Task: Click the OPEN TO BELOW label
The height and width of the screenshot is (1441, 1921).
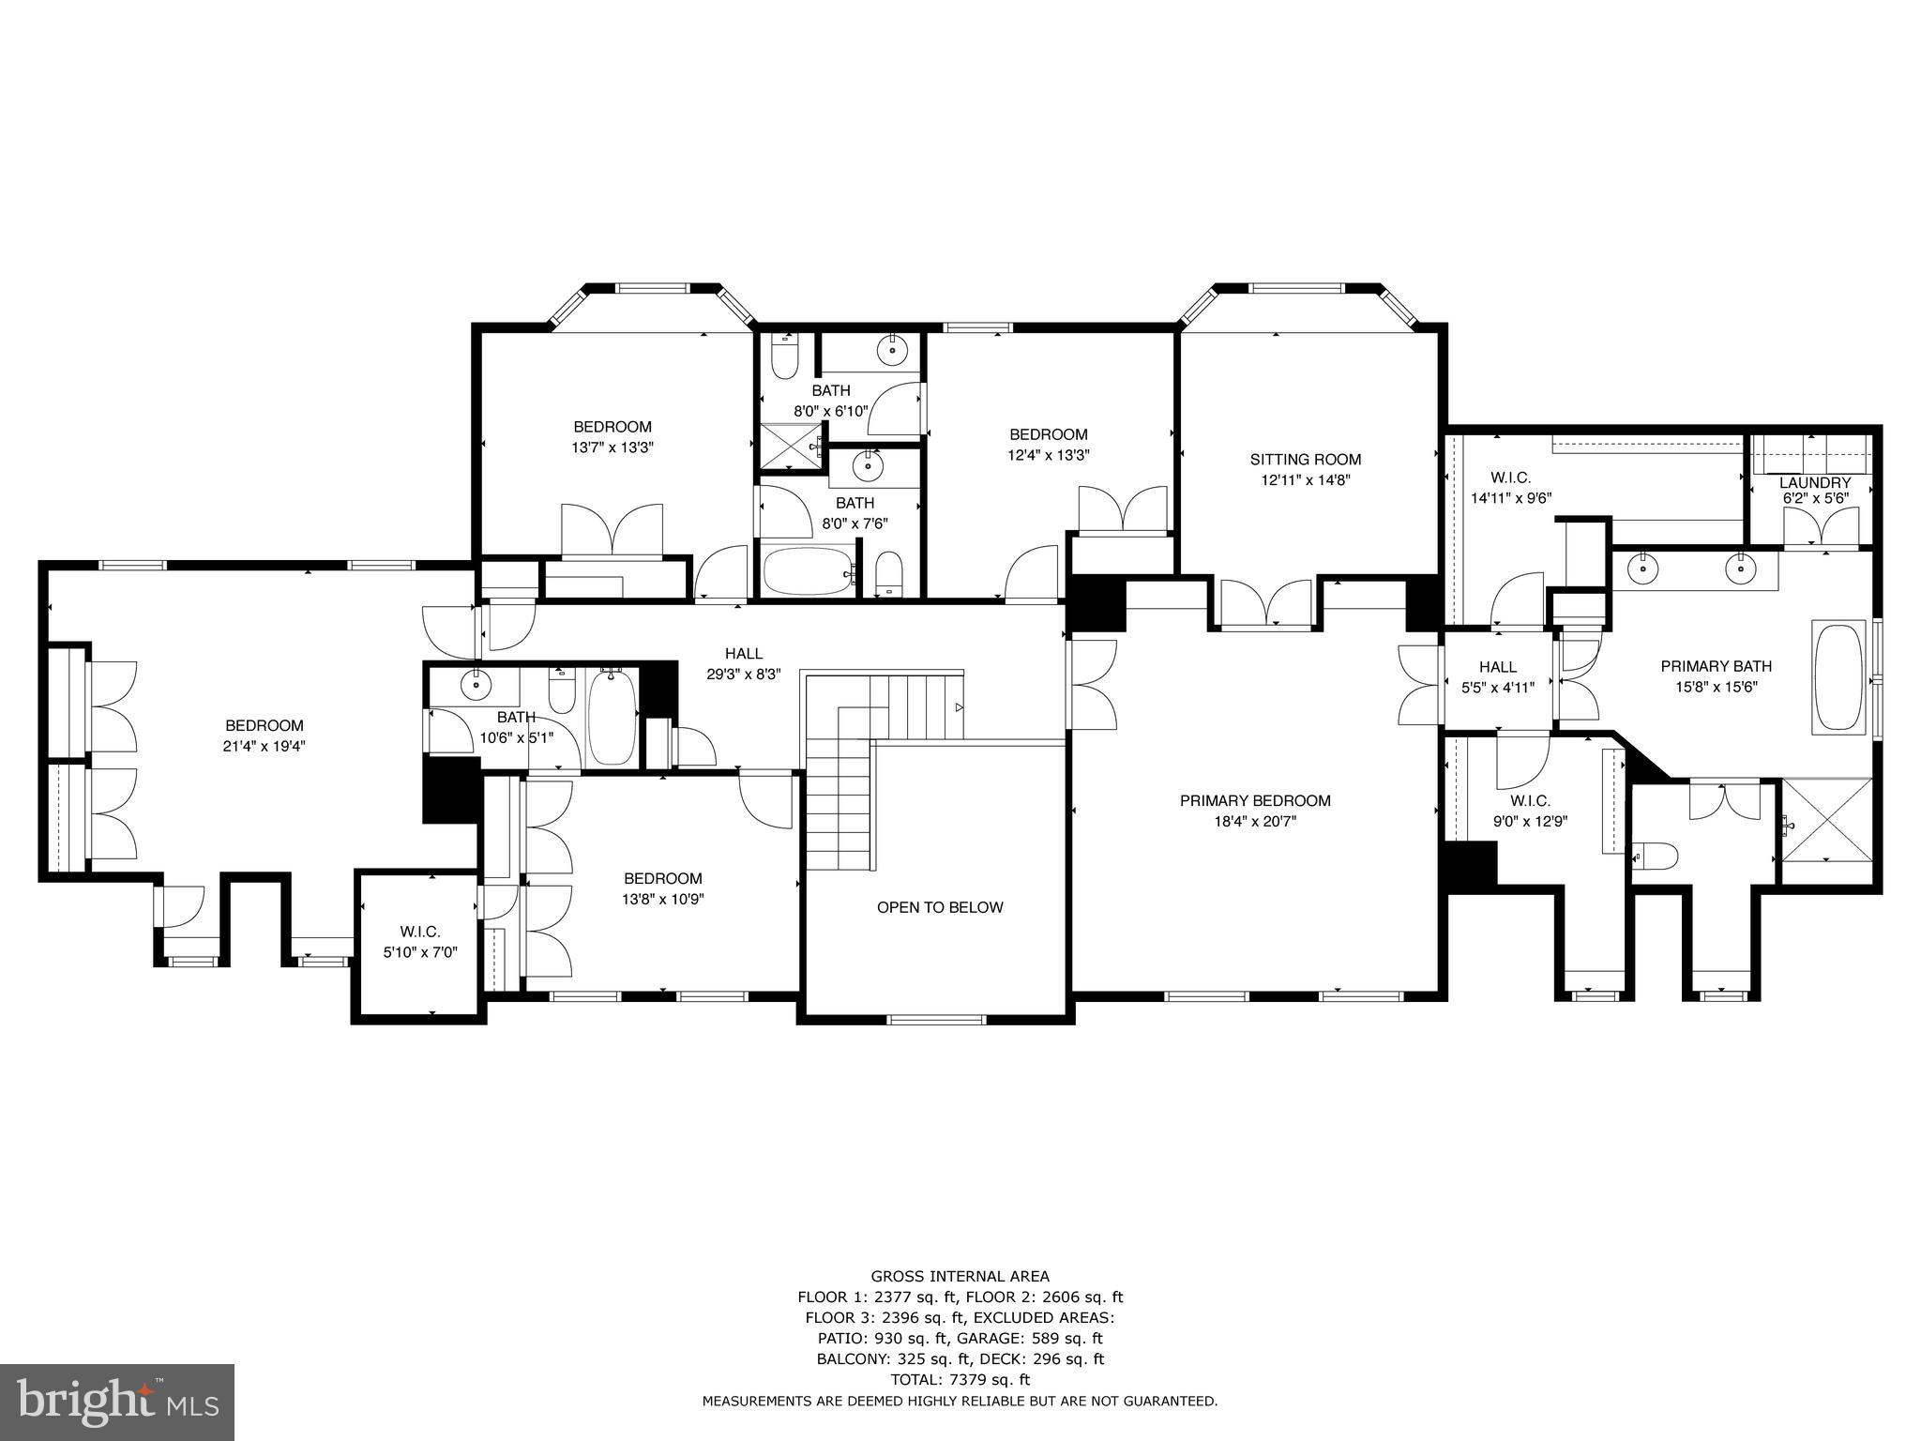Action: click(940, 907)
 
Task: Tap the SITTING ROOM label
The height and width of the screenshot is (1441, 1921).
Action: click(1305, 459)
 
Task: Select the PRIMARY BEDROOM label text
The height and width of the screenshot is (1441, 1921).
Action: click(1255, 800)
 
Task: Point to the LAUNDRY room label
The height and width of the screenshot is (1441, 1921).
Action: click(1815, 482)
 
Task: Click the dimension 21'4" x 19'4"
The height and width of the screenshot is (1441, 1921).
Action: click(265, 746)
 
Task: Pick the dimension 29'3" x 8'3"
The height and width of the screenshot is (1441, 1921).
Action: click(743, 674)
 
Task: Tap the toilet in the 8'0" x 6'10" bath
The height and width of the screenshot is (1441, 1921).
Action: click(784, 356)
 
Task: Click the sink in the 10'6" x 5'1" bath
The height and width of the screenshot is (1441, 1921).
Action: click(476, 685)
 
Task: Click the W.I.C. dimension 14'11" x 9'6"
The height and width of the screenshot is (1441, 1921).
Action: click(1511, 498)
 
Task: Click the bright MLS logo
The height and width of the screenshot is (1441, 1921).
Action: click(117, 1402)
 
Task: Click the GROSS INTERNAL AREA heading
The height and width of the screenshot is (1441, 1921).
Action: click(960, 1276)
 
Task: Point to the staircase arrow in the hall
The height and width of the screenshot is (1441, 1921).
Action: click(958, 707)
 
